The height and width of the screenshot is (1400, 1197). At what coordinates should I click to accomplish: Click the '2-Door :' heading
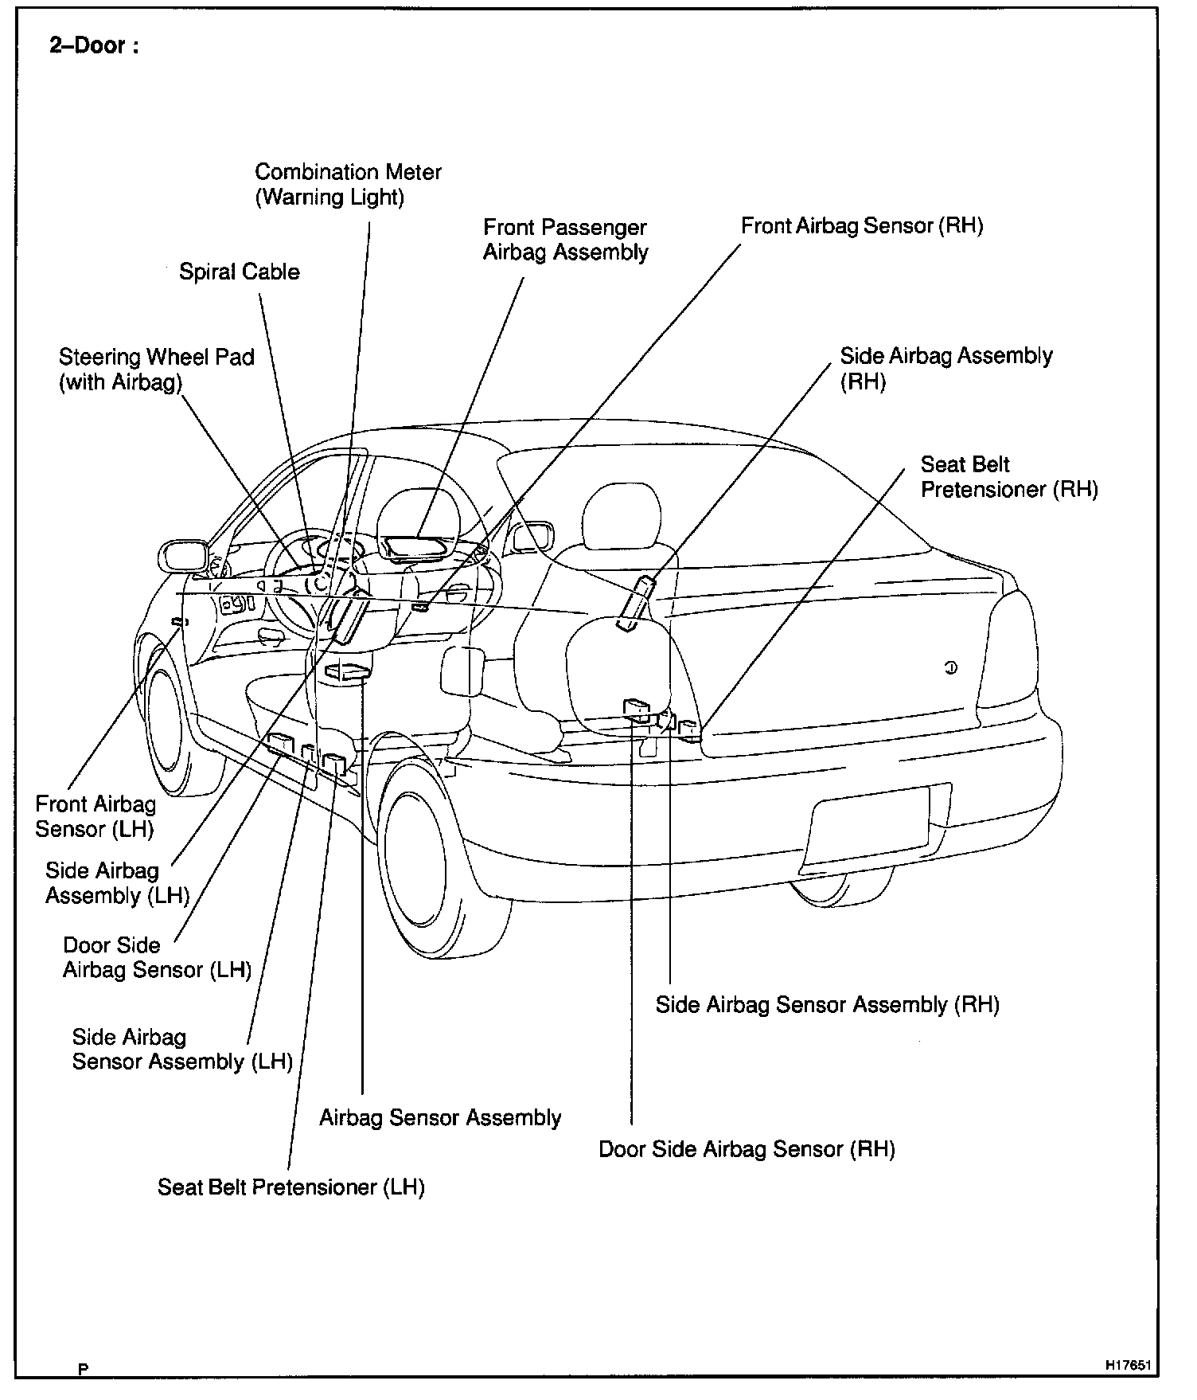click(x=94, y=46)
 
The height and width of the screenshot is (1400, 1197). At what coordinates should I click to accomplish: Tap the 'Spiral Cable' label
click(x=239, y=272)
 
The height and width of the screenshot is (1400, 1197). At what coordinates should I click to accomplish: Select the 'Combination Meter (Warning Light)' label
click(x=348, y=184)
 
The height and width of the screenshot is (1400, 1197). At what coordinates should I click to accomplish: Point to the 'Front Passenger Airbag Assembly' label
click(x=565, y=240)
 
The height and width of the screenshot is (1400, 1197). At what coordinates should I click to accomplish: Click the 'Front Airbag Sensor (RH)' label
click(x=862, y=226)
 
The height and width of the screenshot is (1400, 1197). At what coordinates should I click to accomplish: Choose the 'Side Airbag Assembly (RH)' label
click(x=946, y=368)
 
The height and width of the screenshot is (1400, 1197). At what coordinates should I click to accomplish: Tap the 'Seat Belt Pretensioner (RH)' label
click(x=1008, y=476)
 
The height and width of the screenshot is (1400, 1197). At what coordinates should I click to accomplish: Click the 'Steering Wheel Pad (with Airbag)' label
click(x=156, y=370)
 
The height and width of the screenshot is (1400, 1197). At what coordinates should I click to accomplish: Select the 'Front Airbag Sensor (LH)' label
click(x=96, y=816)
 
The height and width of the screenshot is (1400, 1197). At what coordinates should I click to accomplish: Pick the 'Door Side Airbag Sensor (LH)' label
click(x=157, y=957)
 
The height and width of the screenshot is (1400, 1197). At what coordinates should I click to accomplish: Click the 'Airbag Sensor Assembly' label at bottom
click(x=440, y=1118)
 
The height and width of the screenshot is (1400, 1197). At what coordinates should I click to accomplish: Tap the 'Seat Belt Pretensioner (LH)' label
click(x=290, y=1187)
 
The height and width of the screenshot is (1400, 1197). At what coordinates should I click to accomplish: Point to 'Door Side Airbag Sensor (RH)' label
click(x=747, y=1149)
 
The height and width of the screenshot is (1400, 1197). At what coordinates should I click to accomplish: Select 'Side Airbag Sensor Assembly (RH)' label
click(x=827, y=1005)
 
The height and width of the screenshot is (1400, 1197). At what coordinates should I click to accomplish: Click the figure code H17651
click(x=1128, y=1365)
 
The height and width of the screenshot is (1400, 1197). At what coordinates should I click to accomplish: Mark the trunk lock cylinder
click(x=950, y=667)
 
